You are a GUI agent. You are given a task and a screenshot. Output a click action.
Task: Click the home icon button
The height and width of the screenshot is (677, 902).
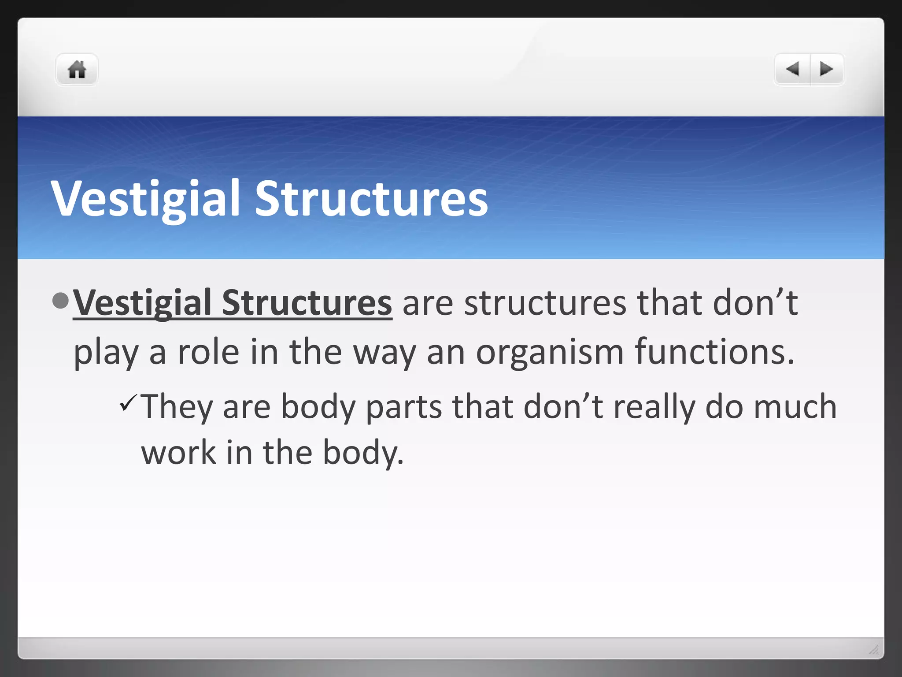77,70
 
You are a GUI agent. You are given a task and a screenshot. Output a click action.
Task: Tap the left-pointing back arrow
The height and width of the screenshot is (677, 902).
792,69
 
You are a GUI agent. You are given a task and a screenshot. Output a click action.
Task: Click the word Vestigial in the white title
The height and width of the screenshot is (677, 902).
146,199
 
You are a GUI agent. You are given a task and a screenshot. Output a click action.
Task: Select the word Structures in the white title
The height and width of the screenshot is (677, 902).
371,199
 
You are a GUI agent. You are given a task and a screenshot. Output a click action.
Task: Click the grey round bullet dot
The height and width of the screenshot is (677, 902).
60,301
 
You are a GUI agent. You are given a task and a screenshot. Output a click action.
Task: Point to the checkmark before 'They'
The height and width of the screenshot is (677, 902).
129,403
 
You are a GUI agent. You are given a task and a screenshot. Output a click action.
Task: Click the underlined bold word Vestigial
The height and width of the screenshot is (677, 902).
142,303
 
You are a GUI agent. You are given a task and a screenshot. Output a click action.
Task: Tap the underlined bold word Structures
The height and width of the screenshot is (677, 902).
307,303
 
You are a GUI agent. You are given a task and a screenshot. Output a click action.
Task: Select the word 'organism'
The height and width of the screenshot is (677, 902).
550,353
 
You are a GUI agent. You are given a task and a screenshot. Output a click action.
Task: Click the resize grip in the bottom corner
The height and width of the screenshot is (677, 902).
874,649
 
